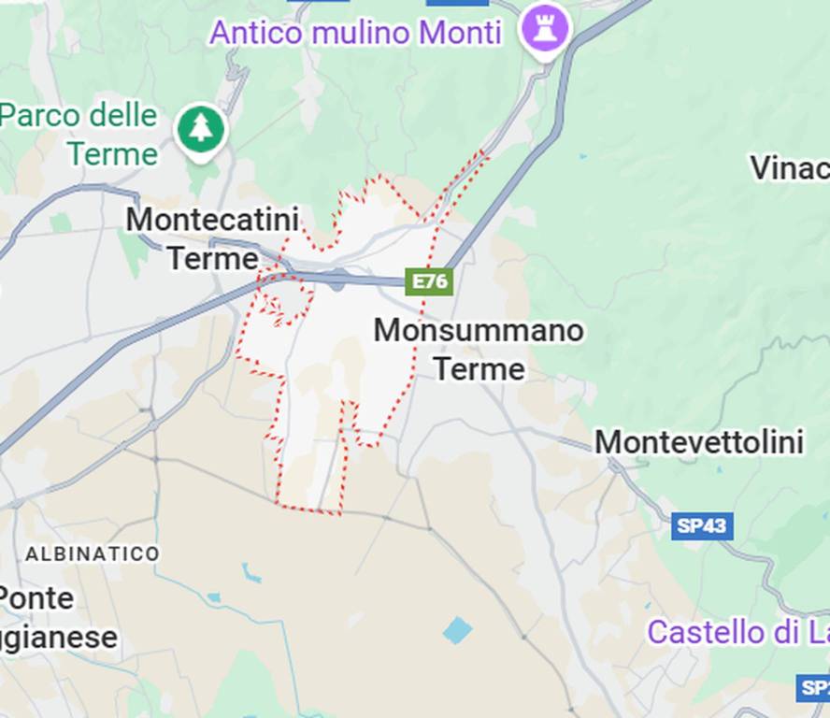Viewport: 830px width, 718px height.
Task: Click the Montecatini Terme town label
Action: tap(212, 238)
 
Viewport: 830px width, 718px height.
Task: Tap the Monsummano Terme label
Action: tap(479, 349)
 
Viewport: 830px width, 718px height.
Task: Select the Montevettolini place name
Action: tap(699, 442)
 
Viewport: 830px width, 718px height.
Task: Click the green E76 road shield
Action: tap(429, 281)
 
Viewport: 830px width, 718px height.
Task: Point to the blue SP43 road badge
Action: tap(701, 525)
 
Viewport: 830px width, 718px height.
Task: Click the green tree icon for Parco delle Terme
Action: tap(200, 128)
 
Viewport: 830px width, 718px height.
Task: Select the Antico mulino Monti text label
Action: tap(355, 33)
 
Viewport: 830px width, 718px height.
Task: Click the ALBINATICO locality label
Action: tap(92, 553)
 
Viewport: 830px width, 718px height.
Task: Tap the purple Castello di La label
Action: tap(737, 632)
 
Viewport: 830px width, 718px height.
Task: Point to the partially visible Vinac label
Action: tap(790, 168)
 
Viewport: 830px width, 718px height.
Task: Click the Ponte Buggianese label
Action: tap(56, 617)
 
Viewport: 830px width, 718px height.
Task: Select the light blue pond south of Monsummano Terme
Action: tap(457, 630)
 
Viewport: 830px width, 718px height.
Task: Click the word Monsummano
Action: tap(479, 330)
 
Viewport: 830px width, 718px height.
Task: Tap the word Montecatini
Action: tap(212, 221)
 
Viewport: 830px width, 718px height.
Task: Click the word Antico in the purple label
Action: tap(256, 33)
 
